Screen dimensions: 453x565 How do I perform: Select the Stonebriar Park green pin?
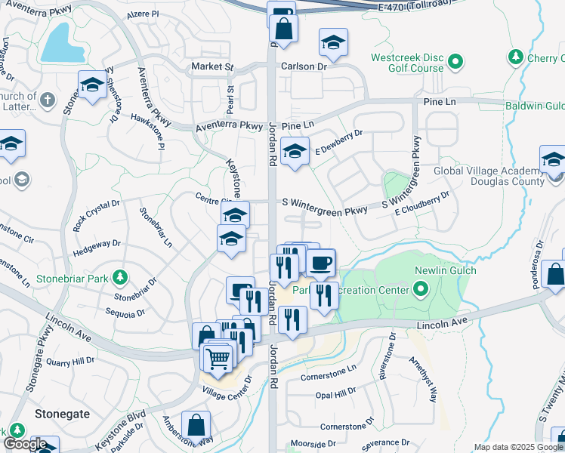coord(120,276)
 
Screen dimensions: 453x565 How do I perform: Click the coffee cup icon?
coord(322,263)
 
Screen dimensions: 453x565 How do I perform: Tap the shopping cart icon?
coord(218,356)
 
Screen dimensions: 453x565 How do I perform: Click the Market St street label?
coord(212,66)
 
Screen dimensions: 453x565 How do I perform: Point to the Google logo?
coord(24,444)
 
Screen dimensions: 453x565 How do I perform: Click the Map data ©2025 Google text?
coord(517,447)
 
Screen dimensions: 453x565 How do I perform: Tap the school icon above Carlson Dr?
coord(332,43)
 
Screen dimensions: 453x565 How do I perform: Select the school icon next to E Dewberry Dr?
coord(295,150)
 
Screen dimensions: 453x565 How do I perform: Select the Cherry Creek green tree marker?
coord(516,57)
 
